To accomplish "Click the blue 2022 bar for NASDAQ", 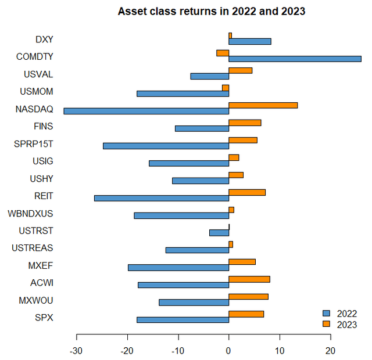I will [146, 111].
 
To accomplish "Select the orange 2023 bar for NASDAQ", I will [263, 105].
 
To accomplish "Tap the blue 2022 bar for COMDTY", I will [295, 59].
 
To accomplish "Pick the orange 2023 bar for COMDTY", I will [223, 53].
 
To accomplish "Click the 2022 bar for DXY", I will [250, 41].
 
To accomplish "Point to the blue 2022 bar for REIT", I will [162, 198].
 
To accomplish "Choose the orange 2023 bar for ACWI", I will [249, 279].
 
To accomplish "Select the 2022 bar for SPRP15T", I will [166, 146].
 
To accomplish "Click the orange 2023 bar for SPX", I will [246, 314].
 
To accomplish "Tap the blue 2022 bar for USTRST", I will [219, 233].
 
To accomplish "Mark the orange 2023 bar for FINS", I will [245, 123].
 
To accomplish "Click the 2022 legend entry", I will [340, 314].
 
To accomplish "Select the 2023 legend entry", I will [340, 325].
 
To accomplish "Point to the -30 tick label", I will [76, 351].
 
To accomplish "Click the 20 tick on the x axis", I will [330, 351].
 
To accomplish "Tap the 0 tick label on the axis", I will [229, 351].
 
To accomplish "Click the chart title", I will [212, 11].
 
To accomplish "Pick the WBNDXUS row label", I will [30, 213].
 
